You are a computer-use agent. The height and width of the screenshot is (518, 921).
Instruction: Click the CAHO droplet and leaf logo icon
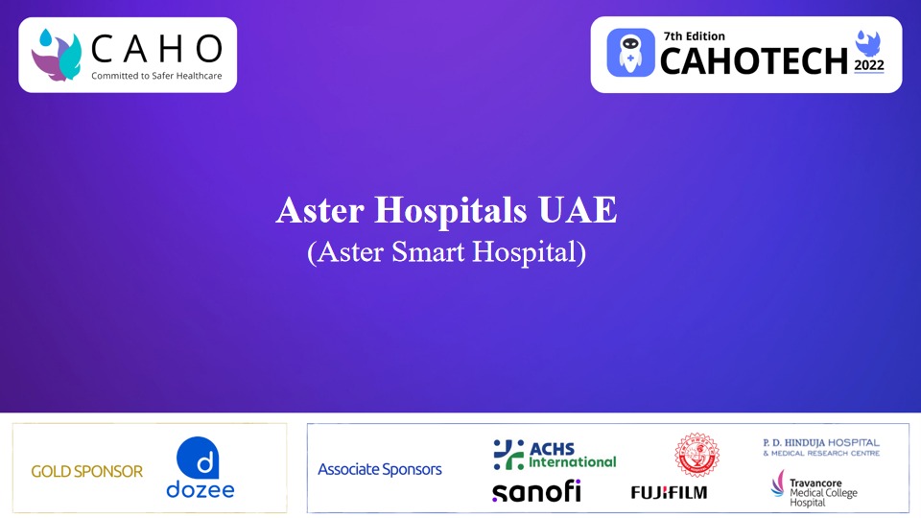coord(57,54)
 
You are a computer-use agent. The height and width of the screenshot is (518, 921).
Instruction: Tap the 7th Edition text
coord(695,35)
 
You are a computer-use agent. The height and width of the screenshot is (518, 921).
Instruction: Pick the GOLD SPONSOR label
coord(86,471)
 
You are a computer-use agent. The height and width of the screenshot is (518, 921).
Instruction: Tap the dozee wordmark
coord(200,490)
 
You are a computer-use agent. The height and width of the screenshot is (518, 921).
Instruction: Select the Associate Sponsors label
coord(380,469)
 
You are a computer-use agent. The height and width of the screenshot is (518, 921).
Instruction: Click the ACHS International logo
coord(555,454)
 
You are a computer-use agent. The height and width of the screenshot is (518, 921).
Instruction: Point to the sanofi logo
coord(536,490)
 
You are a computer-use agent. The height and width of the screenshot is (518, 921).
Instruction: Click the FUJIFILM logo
coord(669,492)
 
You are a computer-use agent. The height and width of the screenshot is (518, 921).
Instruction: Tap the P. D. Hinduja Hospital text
coord(820,446)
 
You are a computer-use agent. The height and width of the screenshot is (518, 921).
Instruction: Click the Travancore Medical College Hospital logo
coord(815,487)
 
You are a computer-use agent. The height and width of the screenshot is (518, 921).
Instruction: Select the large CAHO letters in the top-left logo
coord(156,48)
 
